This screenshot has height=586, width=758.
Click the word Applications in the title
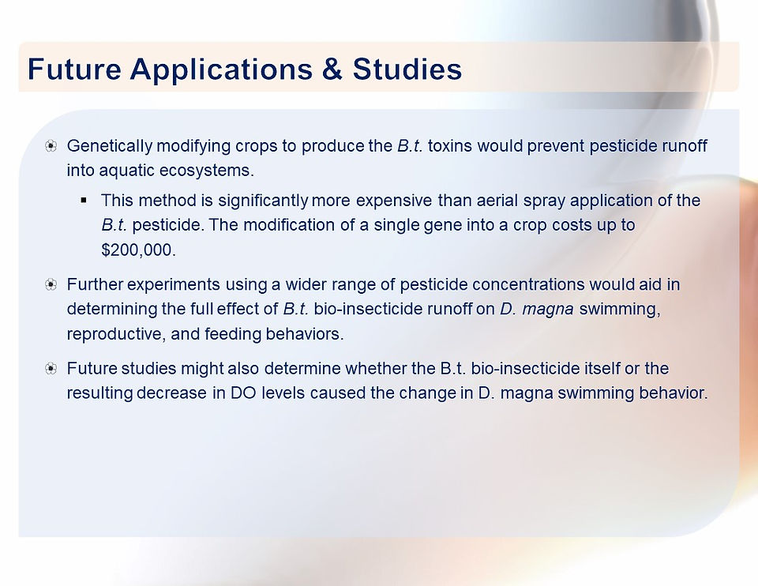221,69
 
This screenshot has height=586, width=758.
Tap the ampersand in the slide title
332,69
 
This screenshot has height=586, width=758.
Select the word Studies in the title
407,69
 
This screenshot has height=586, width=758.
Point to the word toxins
449,145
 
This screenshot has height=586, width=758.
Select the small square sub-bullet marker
84,200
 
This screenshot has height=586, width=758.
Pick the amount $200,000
138,250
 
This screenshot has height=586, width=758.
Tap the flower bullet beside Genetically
51,146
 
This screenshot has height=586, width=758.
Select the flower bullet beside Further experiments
51,284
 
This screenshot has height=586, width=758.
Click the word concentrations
528,284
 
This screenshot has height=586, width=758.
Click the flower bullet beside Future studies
51,369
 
